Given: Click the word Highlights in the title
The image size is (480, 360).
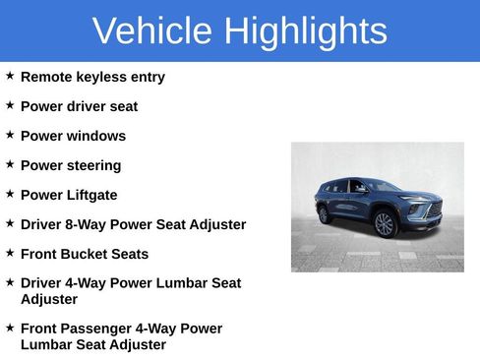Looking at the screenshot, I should [x=305, y=31].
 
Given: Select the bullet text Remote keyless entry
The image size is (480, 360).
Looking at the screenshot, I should [x=92, y=77].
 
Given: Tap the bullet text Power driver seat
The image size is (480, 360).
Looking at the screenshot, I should [x=79, y=106].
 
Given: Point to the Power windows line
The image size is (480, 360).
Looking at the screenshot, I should [x=73, y=136].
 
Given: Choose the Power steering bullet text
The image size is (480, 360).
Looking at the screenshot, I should [x=71, y=165].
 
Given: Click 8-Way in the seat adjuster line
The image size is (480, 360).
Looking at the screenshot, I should [x=87, y=224].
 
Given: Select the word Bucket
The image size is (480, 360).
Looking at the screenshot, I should [x=83, y=254].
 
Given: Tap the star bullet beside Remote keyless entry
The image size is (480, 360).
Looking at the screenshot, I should [x=10, y=76].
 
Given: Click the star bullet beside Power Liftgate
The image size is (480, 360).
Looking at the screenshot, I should [x=10, y=194].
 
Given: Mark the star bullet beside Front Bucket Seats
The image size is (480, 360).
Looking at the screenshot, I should [x=10, y=253].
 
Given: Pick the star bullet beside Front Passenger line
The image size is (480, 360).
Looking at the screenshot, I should [x=10, y=328].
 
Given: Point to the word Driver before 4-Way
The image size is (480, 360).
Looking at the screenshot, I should [x=41, y=283].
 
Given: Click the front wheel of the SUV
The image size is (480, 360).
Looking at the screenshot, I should [x=386, y=224].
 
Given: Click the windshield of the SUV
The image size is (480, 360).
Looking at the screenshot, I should [x=381, y=186].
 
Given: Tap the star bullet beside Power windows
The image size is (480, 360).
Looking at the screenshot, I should [x=10, y=135].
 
